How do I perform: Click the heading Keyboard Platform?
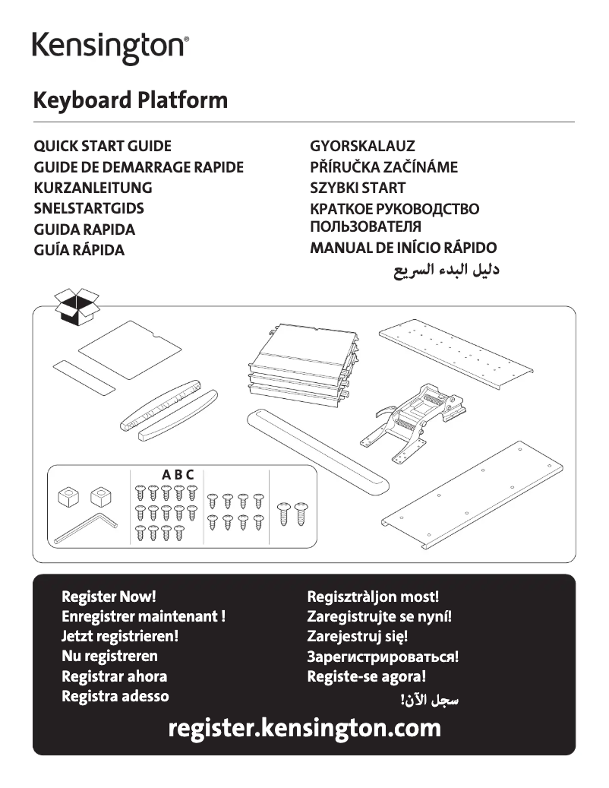130,100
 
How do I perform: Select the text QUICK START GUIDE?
103,146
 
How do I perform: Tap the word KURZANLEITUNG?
93,188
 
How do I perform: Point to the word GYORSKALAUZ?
362,146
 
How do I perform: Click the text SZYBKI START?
358,188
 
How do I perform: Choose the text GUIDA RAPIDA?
84,229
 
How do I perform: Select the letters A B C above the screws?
178,475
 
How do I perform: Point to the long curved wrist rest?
319,449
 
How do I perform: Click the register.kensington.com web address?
304,728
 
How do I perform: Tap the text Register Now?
109,597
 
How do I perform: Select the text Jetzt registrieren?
120,637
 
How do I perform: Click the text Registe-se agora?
366,676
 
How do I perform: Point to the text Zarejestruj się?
357,637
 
